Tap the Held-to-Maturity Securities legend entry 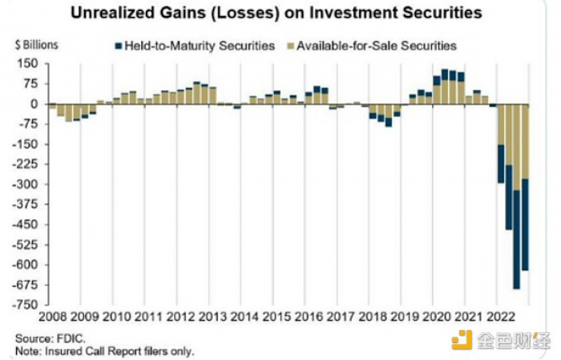coord(195,46)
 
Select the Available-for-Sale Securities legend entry coord(372,46)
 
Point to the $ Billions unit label coord(37,45)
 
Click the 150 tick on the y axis coord(27,64)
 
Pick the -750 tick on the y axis coord(25,305)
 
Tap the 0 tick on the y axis coord(34,104)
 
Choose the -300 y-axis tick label coord(25,184)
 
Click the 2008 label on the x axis coord(53,317)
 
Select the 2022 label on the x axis coord(501,317)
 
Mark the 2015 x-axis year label coord(276,317)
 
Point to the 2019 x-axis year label coord(405,317)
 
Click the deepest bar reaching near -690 coord(517,196)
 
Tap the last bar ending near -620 coord(525,187)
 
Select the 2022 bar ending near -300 coord(501,144)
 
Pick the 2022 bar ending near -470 coord(509,167)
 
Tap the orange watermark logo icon coord(462,340)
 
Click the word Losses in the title coord(244,14)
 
